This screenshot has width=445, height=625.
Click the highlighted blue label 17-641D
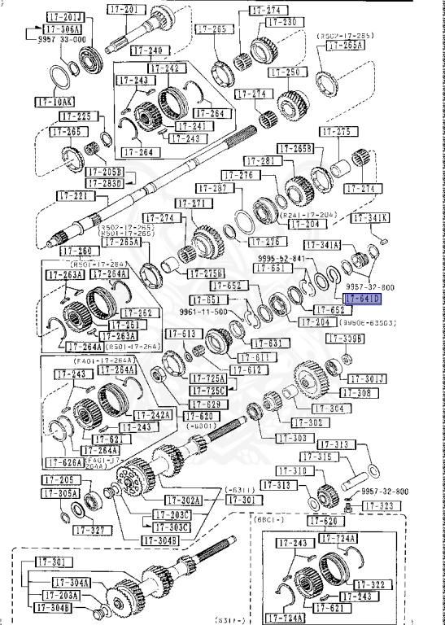click(x=362, y=299)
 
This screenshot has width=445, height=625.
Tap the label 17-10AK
click(x=54, y=102)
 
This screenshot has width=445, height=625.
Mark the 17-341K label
click(x=370, y=217)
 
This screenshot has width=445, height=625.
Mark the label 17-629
click(x=207, y=404)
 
